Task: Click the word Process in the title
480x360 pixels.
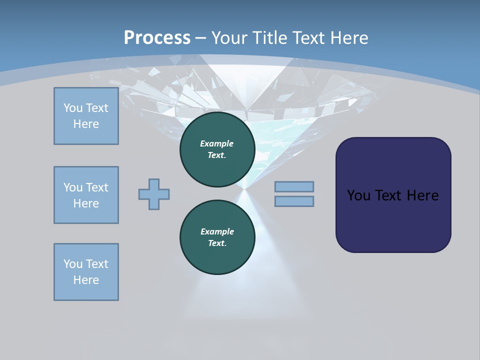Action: click(x=157, y=37)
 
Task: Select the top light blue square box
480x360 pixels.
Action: click(x=86, y=116)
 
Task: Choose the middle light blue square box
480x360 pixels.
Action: click(x=86, y=195)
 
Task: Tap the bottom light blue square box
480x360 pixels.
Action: click(x=86, y=272)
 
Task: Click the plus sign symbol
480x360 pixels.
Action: click(x=154, y=194)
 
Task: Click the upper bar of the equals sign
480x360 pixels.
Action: click(x=294, y=186)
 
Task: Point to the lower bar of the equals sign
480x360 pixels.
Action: click(x=294, y=201)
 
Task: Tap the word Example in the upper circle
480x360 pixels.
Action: click(x=217, y=143)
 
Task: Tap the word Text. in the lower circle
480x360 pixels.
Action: click(x=217, y=243)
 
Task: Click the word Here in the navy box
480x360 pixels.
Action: click(x=422, y=195)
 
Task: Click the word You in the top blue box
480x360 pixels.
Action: click(x=73, y=108)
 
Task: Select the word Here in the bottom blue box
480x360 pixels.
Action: click(x=86, y=280)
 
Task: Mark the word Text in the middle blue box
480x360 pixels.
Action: click(x=97, y=187)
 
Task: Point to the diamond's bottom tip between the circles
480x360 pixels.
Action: click(x=244, y=188)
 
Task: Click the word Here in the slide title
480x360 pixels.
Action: click(x=349, y=38)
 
